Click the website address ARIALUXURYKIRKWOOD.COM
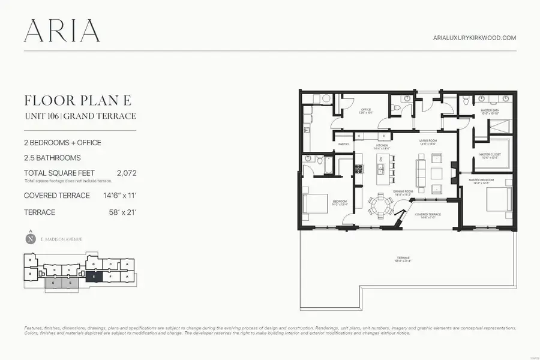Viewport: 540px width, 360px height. click(x=475, y=38)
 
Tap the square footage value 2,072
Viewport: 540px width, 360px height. click(x=127, y=173)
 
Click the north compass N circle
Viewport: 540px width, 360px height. click(x=30, y=239)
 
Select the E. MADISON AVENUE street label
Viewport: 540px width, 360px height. click(x=62, y=239)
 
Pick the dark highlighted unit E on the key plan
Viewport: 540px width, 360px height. click(x=94, y=277)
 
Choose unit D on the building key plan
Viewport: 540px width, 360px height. click(x=29, y=260)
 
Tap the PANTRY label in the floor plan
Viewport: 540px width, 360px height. click(x=344, y=145)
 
